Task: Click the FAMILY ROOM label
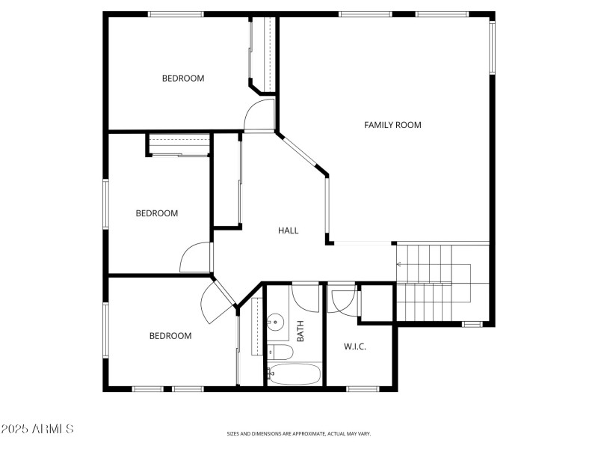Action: point(392,125)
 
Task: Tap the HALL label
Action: point(289,230)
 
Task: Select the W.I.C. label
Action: point(354,346)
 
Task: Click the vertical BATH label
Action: point(300,332)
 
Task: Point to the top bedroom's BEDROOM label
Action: point(183,78)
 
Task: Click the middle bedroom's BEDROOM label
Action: point(157,213)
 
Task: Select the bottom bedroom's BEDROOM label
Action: point(170,336)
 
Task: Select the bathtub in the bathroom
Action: point(294,374)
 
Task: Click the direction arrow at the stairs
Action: point(399,264)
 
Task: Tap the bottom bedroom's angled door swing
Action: point(215,303)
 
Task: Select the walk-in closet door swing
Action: point(343,301)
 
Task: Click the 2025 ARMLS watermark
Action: point(37,430)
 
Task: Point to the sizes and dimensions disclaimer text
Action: point(299,433)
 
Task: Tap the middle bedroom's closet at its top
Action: point(179,144)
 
